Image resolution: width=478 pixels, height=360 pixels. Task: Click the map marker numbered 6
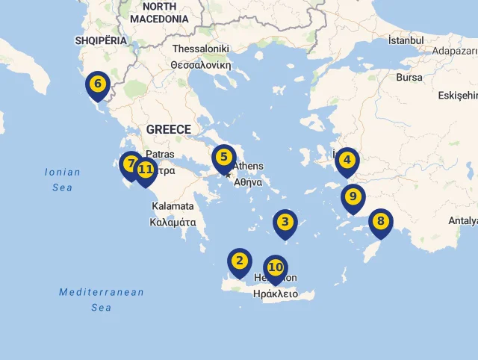(98, 84)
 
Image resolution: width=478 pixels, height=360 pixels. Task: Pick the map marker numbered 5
(223, 158)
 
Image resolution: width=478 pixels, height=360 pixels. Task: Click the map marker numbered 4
(347, 161)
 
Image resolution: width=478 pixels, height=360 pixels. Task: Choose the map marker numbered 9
(353, 198)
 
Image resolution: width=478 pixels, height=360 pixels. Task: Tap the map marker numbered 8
(381, 222)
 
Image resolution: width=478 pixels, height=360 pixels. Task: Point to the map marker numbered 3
(285, 223)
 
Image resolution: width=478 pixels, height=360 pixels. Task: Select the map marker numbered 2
(240, 261)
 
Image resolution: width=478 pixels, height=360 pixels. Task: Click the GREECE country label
(168, 129)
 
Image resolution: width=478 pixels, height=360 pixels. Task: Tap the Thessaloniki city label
(200, 49)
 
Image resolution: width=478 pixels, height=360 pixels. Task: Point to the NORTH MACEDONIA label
(159, 12)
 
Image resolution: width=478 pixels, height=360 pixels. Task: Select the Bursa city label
(409, 77)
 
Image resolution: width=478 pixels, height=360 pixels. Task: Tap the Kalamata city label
(173, 206)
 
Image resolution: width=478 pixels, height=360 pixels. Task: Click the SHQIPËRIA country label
(101, 40)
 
